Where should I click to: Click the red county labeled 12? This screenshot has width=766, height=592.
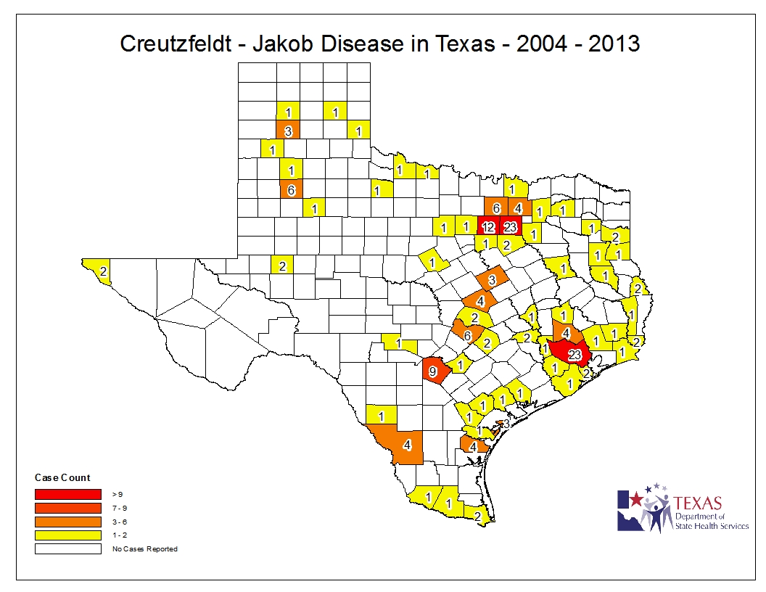tap(488, 226)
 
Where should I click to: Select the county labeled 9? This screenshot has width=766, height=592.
tap(434, 371)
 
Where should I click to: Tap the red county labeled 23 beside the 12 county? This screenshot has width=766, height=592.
tap(510, 226)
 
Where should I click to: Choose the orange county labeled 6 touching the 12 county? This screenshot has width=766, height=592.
tap(496, 207)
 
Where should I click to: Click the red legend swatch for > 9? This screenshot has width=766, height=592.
tap(68, 494)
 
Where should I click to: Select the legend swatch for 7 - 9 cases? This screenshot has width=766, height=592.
tap(68, 508)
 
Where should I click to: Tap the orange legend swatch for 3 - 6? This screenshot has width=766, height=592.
tap(68, 522)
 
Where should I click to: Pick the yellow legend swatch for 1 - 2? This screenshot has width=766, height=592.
tap(68, 535)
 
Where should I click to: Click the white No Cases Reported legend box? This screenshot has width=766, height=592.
tap(68, 549)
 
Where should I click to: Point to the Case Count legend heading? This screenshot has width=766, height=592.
tap(62, 477)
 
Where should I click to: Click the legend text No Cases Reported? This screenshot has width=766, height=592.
tap(144, 549)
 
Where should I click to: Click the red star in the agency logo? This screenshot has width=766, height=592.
tap(635, 499)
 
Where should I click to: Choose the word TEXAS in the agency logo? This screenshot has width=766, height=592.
tap(698, 502)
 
